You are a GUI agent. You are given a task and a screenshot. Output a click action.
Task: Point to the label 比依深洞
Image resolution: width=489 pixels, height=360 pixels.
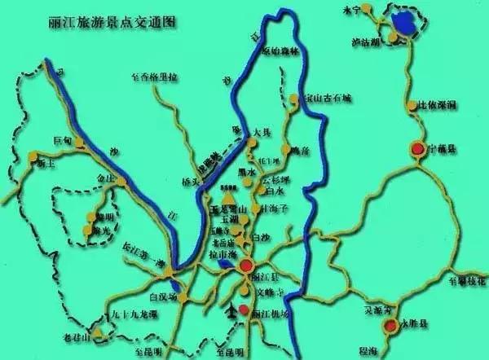[x=438, y=106]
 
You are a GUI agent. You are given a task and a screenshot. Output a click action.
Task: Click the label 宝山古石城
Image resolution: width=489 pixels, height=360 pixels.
[x=327, y=98]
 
